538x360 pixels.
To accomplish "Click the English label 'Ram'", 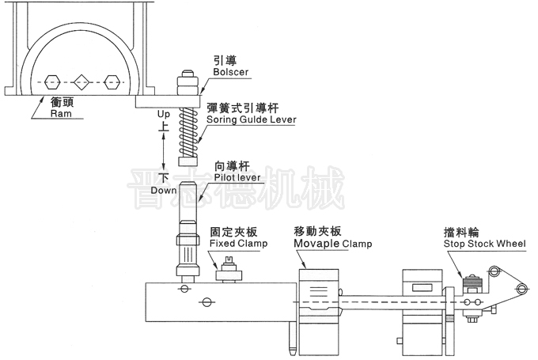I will pos(59,113).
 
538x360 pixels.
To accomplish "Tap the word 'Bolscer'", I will pos(230,72).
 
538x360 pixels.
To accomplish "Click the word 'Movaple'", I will pos(316,244).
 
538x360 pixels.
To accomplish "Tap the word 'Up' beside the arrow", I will pos(163,114).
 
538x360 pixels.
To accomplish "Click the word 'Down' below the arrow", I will pos(164,191).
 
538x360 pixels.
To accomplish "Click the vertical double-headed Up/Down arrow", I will pos(164,151).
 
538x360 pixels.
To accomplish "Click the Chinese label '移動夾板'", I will pos(317,232).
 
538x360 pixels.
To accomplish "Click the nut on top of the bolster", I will pos(188,78).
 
